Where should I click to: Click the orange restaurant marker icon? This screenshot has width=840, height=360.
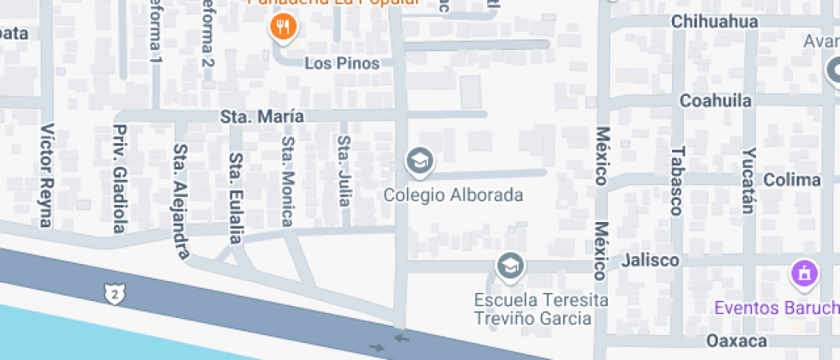pos(283,28)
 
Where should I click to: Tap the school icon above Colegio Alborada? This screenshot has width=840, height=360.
pos(419,160)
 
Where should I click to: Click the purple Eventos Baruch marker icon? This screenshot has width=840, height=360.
pos(804,274)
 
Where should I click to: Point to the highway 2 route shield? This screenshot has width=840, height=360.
pos(114,293)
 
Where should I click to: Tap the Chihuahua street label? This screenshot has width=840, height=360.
pos(716,21)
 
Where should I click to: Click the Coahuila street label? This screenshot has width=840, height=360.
pos(716,100)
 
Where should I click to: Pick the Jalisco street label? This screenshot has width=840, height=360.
pos(651,260)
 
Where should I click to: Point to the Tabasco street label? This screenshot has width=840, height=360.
pos(677,180)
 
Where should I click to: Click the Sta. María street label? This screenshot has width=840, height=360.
pos(262,116)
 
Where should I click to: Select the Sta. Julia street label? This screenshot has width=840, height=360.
pos(345,171)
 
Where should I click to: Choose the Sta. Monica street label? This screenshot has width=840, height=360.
pos(288,181)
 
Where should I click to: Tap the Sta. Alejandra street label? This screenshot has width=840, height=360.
pos(181,201)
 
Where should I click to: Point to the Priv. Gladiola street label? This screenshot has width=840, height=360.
pos(120,179)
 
